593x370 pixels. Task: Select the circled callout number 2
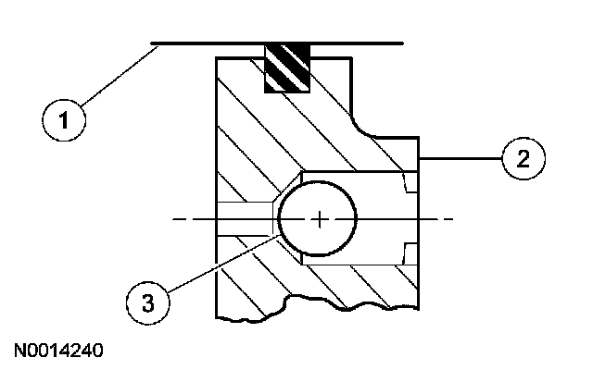tap(523, 160)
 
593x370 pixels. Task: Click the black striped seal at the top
tap(287, 68)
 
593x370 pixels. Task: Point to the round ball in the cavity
tap(318, 218)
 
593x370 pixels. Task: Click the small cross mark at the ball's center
tap(319, 219)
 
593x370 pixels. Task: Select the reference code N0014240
tap(58, 351)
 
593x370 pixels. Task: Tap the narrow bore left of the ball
tap(246, 218)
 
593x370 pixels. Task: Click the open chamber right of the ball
tap(380, 218)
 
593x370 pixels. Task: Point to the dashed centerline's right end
tap(449, 219)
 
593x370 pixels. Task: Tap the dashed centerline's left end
tap(176, 219)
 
